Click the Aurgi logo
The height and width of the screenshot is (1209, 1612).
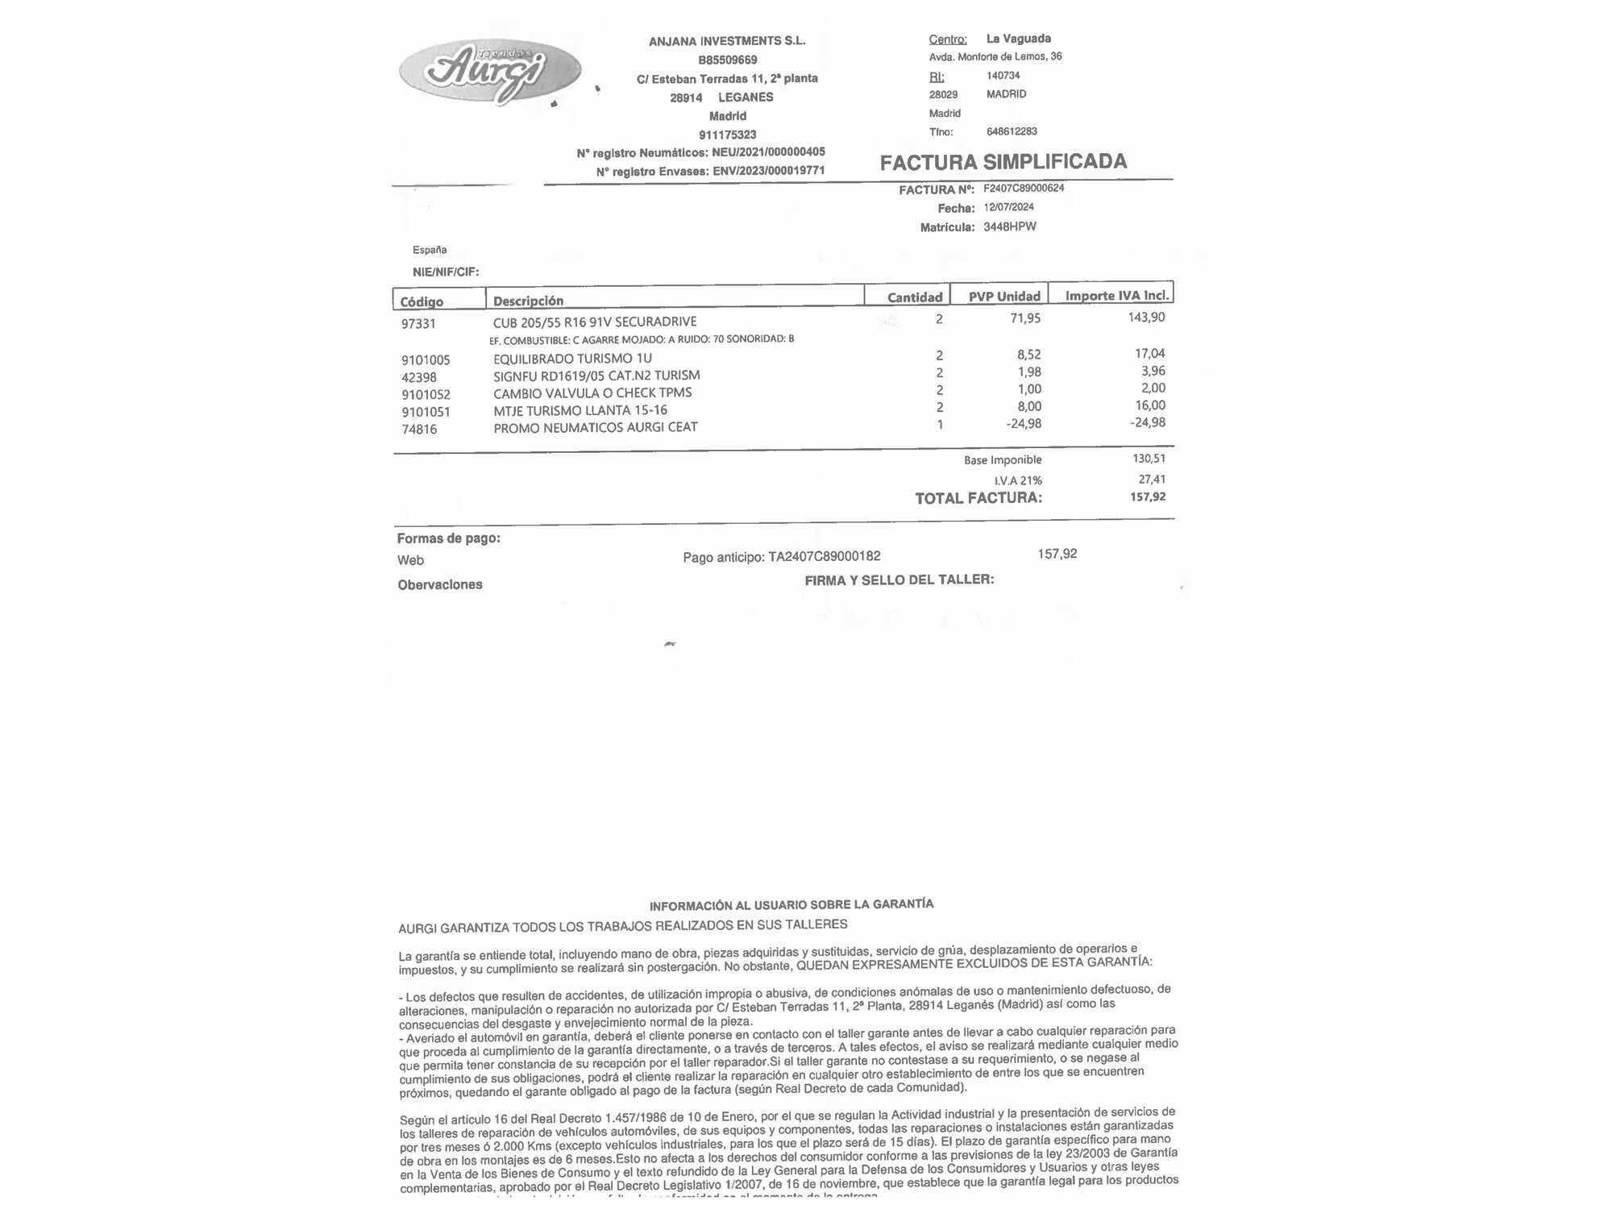(x=489, y=71)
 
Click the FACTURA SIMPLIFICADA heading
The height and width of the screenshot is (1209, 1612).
(x=1003, y=162)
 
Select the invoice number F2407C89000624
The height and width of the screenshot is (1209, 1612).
(x=1024, y=189)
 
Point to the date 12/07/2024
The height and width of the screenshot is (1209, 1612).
(x=1008, y=207)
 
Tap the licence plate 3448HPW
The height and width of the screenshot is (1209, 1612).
(x=1009, y=226)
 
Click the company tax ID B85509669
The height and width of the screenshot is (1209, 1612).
(x=727, y=60)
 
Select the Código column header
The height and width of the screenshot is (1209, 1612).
(x=422, y=301)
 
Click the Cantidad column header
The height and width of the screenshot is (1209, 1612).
(x=914, y=297)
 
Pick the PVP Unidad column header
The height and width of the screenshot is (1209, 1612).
(x=1003, y=297)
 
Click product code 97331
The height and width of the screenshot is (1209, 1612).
(x=418, y=324)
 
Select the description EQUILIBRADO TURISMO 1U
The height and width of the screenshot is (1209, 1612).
(x=572, y=359)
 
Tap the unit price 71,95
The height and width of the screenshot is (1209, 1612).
(x=1025, y=318)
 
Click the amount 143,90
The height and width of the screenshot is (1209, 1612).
(x=1146, y=318)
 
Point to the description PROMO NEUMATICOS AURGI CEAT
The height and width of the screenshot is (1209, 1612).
(x=595, y=427)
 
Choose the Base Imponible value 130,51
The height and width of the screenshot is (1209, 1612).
(x=1149, y=459)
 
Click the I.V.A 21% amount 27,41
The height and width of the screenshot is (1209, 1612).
(x=1152, y=480)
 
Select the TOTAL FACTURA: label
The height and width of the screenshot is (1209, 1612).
(x=978, y=498)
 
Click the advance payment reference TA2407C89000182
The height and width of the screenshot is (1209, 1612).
(x=824, y=556)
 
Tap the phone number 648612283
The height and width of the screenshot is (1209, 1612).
(x=1012, y=131)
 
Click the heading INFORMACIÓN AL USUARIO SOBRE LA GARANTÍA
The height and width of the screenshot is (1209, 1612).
(x=791, y=904)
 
